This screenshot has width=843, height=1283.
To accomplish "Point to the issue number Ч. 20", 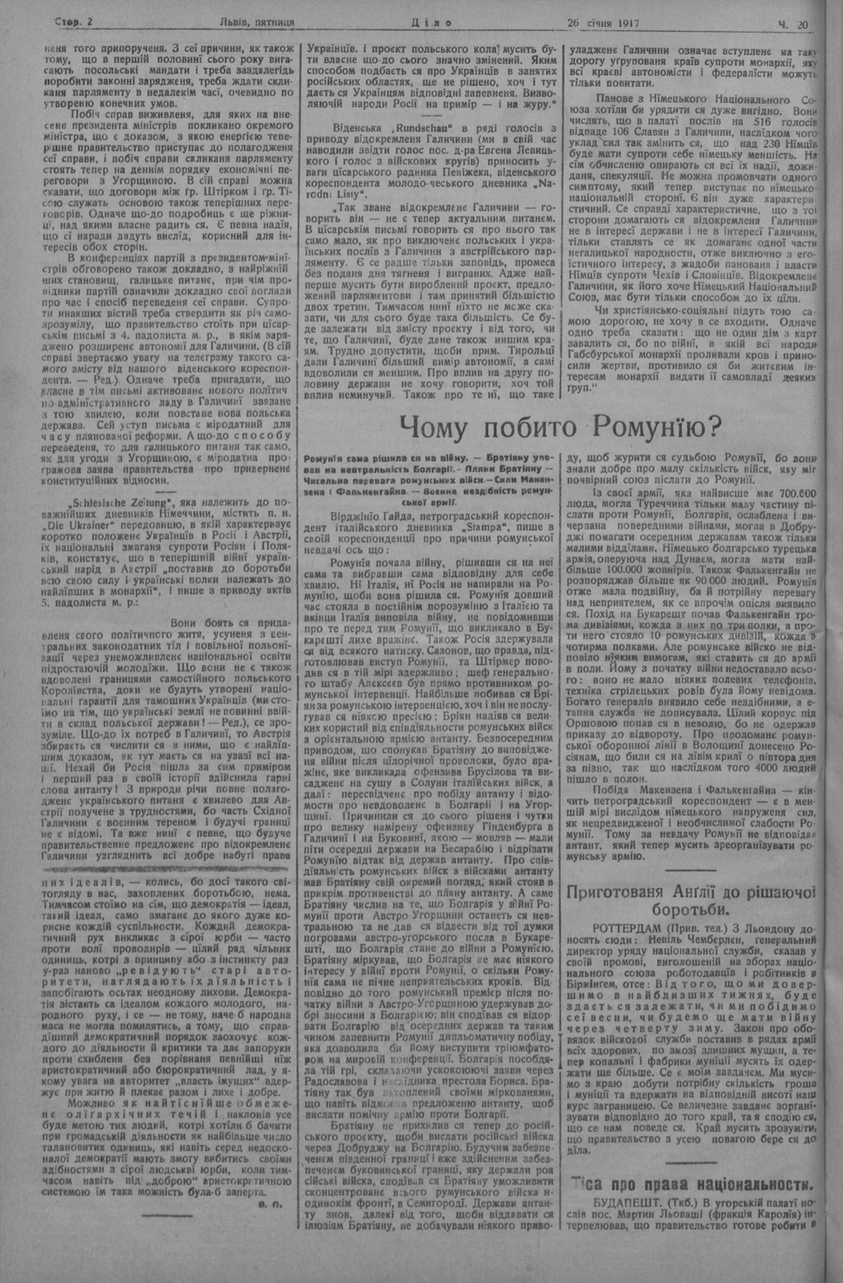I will pos(794,24).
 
